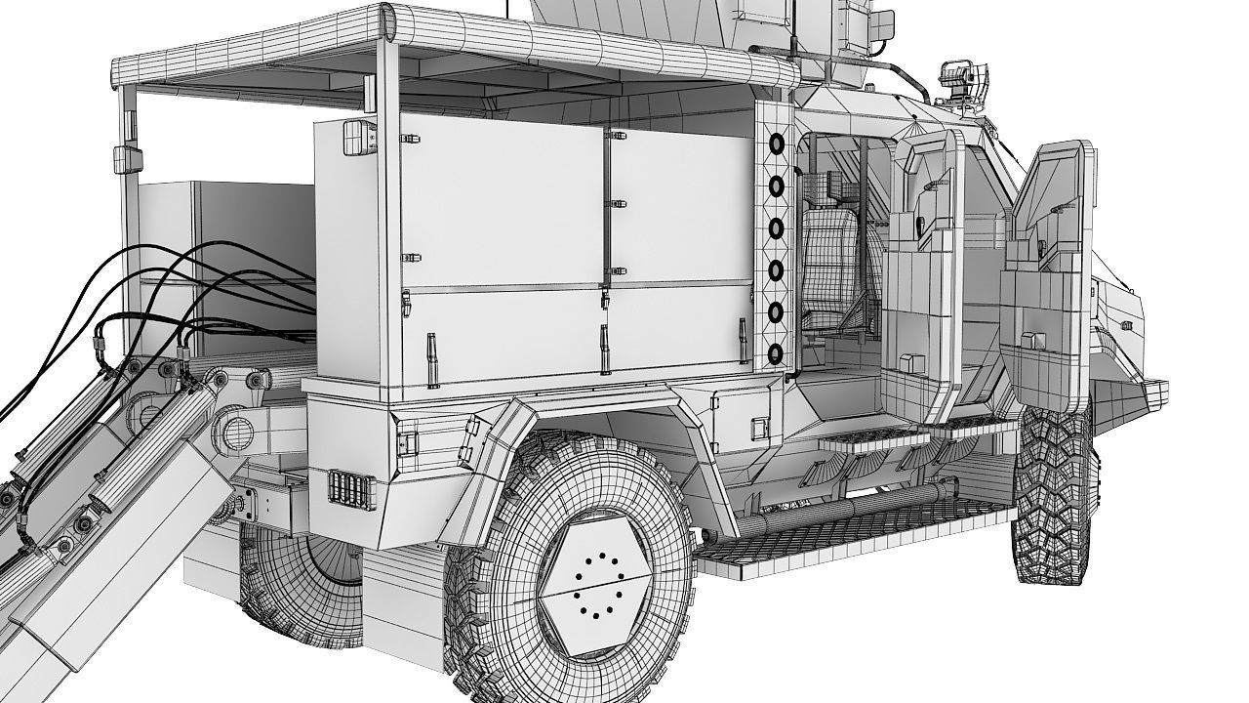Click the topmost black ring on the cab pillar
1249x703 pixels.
[x=777, y=144]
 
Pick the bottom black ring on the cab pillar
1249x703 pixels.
[x=777, y=352]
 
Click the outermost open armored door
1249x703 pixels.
[x=1049, y=273]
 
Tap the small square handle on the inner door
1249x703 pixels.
[x=907, y=362]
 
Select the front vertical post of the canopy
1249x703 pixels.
[x=387, y=195]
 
